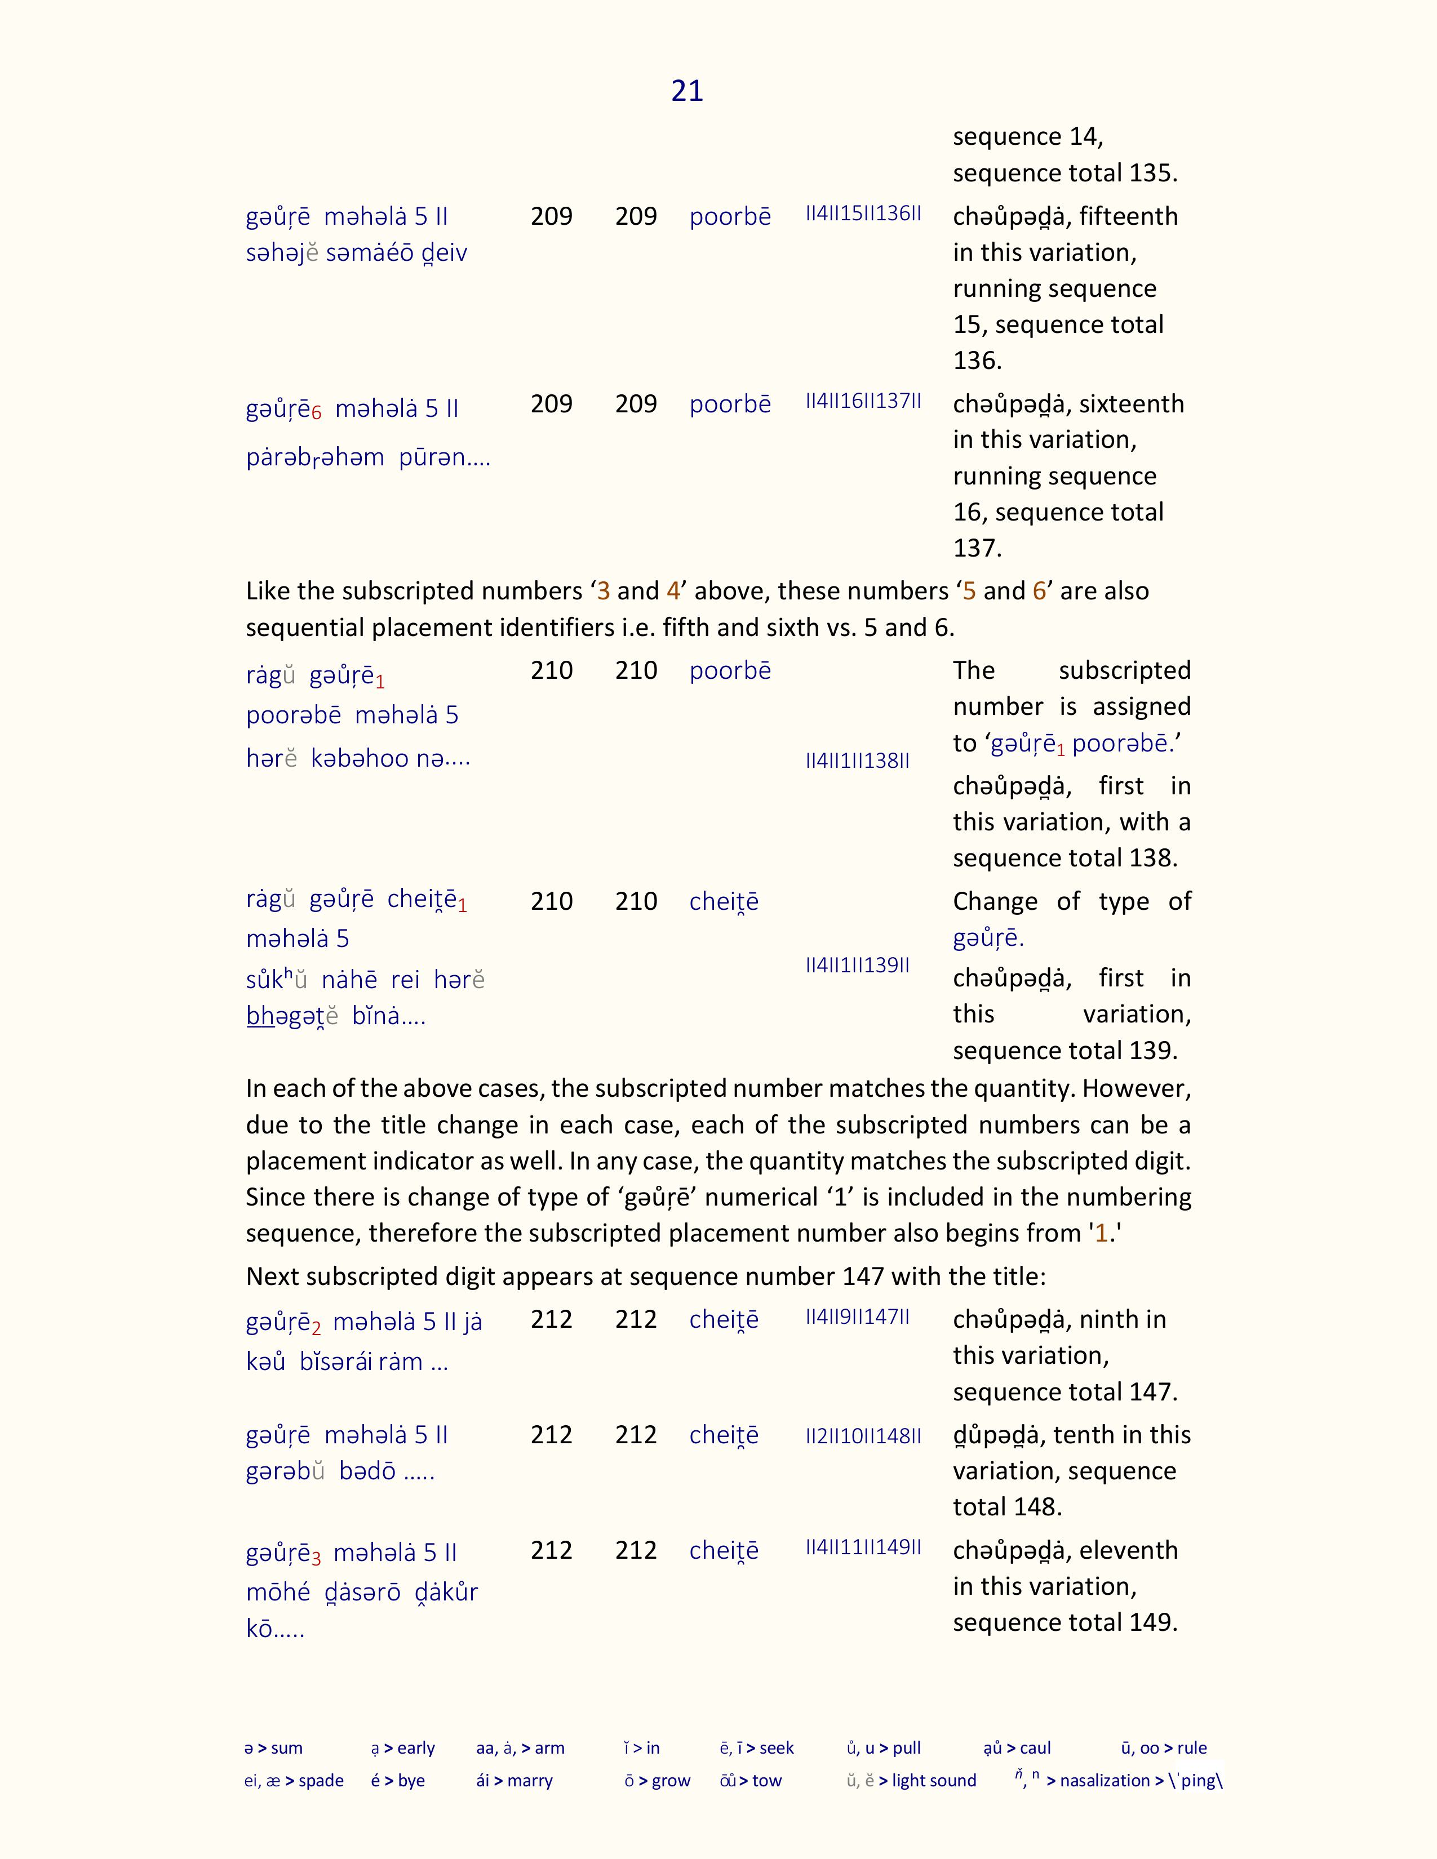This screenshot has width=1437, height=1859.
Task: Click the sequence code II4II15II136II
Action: click(x=863, y=214)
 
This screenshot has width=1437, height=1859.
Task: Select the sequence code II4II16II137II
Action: click(x=863, y=401)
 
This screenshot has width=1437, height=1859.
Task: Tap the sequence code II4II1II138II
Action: click(x=857, y=761)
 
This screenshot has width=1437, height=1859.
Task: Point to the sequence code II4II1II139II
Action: click(x=857, y=965)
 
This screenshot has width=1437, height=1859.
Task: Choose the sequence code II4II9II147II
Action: click(x=857, y=1317)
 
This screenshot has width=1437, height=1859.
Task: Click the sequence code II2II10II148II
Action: click(x=863, y=1436)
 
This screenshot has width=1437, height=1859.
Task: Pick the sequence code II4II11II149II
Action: click(x=863, y=1547)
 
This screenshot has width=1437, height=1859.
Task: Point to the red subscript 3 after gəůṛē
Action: click(x=317, y=1559)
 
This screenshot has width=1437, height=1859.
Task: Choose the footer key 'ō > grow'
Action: click(x=657, y=1781)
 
